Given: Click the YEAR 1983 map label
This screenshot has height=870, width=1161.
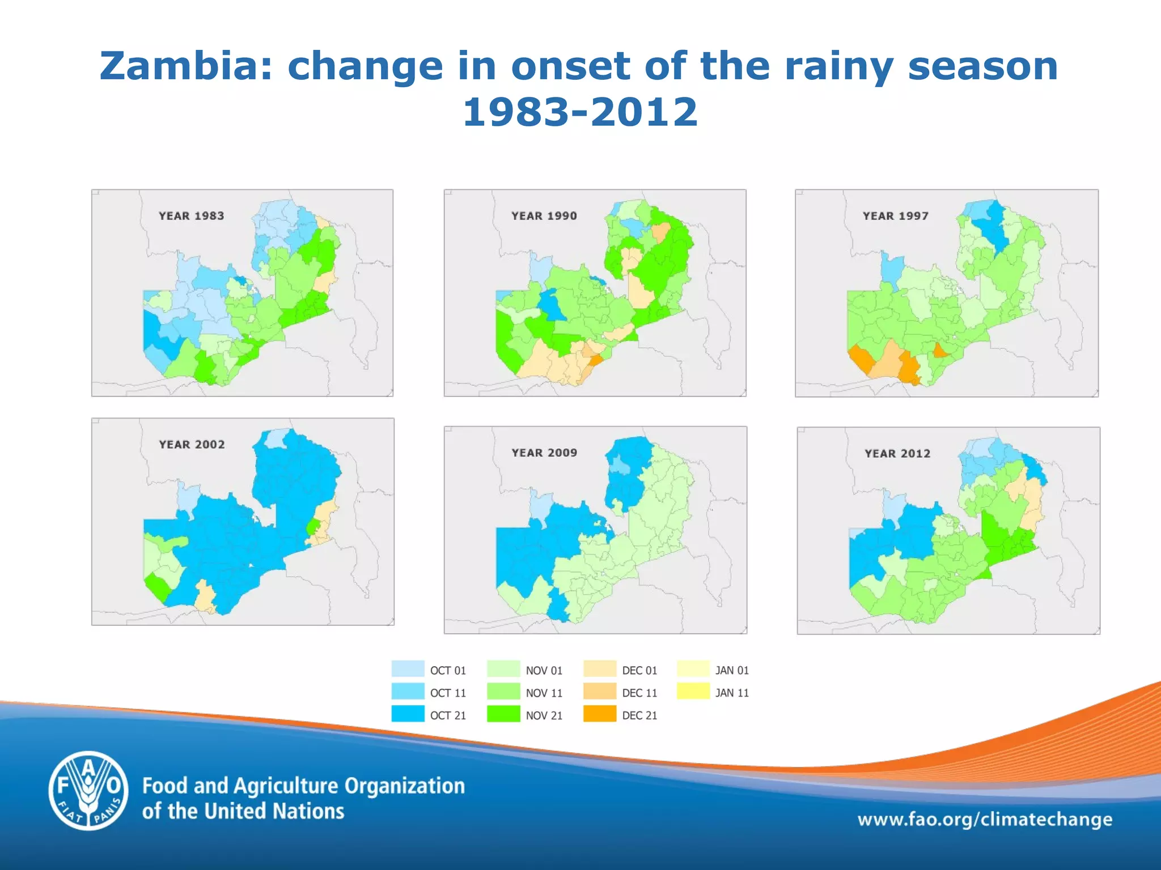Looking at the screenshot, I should pyautogui.click(x=191, y=216).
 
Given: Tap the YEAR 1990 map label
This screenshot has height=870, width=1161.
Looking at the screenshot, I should pyautogui.click(x=544, y=216).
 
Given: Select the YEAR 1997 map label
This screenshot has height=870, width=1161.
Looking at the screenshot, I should pyautogui.click(x=895, y=216).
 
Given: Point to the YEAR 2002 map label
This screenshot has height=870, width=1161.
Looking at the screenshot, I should pyautogui.click(x=192, y=445).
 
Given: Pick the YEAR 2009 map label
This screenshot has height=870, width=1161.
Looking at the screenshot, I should pyautogui.click(x=544, y=453).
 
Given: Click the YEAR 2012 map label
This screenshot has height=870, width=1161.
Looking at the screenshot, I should pyautogui.click(x=897, y=453).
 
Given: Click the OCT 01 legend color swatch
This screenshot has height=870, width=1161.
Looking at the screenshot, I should pyautogui.click(x=408, y=669).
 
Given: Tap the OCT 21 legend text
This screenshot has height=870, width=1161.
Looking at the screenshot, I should pyautogui.click(x=448, y=715).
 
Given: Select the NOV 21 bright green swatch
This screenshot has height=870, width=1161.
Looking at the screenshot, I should pyautogui.click(x=503, y=714).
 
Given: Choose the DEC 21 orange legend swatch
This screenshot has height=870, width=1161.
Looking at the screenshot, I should pyautogui.click(x=599, y=714).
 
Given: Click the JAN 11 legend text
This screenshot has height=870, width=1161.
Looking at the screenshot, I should pyautogui.click(x=732, y=693).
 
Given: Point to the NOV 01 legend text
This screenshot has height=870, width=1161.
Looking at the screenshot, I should pyautogui.click(x=544, y=671).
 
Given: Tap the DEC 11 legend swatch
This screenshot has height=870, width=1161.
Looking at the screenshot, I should pyautogui.click(x=599, y=692).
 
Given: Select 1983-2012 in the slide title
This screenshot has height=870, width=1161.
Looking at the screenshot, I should pyautogui.click(x=580, y=112).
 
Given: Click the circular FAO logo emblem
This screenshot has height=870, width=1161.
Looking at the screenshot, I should pyautogui.click(x=88, y=790).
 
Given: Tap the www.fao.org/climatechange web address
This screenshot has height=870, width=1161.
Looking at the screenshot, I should pyautogui.click(x=984, y=820).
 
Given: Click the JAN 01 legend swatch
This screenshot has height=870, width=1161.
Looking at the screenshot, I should pyautogui.click(x=693, y=669).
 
